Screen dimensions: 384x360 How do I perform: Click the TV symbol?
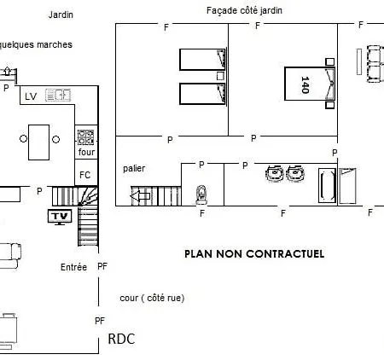click(x=60, y=217)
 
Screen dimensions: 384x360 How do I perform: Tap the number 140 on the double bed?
click(x=305, y=84)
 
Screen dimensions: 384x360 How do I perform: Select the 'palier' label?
click(x=134, y=168)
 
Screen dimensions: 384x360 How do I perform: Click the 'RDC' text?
click(x=121, y=339)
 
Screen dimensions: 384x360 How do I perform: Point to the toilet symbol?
click(x=201, y=195)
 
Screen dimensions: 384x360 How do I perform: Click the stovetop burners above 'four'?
click(x=85, y=137)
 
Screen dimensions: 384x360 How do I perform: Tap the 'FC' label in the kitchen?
click(x=84, y=175)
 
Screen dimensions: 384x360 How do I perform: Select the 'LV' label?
click(x=31, y=96)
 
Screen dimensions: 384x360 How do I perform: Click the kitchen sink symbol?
click(x=58, y=96)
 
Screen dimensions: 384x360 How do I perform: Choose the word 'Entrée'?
click(x=73, y=267)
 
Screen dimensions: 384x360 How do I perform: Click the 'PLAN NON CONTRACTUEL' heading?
click(x=254, y=253)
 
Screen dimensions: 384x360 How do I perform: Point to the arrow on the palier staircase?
click(x=140, y=196)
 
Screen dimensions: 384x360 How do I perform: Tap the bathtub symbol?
click(x=327, y=185)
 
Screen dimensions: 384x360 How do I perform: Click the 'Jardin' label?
click(x=61, y=15)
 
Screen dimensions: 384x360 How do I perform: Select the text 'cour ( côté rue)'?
click(x=152, y=298)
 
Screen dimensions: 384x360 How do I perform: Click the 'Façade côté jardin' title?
click(x=244, y=10)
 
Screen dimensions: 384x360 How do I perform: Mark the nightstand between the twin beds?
click(x=220, y=76)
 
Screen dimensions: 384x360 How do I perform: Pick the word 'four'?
click(x=86, y=152)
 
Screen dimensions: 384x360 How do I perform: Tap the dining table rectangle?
click(x=38, y=142)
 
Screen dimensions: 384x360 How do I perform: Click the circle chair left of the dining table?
click(x=24, y=139)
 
